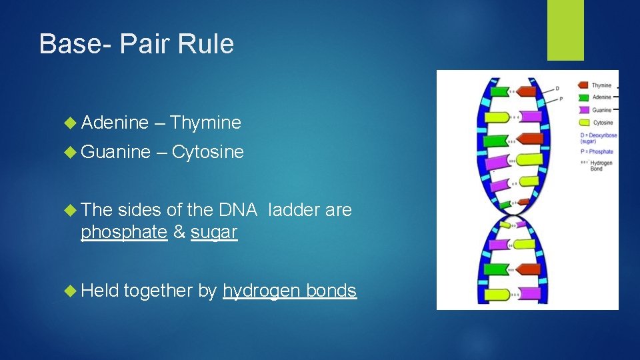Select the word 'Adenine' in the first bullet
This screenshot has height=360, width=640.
(115, 123)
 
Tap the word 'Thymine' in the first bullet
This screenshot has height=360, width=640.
(205, 123)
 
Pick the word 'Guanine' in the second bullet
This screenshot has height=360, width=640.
(116, 152)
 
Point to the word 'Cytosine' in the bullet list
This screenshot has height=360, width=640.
(207, 152)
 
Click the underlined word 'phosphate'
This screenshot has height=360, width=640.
(123, 233)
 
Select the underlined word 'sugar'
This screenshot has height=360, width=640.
(213, 233)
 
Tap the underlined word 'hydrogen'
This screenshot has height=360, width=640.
(261, 291)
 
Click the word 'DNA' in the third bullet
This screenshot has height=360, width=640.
(237, 211)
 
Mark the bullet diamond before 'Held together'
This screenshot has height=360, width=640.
(72, 291)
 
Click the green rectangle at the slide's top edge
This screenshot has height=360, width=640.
(565, 30)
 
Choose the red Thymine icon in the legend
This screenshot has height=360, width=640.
(582, 85)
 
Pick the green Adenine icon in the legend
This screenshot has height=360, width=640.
(582, 97)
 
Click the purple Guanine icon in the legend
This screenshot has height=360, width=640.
(582, 110)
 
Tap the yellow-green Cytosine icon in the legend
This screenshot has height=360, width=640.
(582, 123)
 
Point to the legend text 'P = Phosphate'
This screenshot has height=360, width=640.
(597, 152)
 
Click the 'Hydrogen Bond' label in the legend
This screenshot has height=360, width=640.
(600, 165)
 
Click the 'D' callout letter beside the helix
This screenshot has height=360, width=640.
(557, 89)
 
